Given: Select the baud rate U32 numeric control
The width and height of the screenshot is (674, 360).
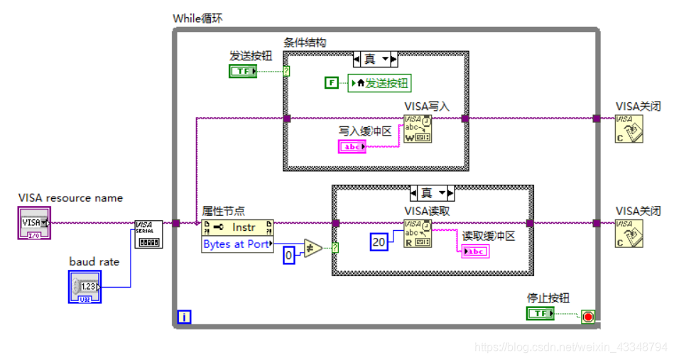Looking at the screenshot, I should [85, 286].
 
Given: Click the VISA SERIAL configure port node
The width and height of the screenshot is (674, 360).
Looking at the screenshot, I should [148, 234].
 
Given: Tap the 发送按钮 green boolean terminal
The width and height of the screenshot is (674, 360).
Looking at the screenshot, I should [244, 70].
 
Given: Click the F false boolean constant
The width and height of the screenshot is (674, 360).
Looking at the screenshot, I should [332, 83].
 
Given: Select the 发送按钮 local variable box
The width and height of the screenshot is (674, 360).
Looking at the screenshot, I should [380, 83].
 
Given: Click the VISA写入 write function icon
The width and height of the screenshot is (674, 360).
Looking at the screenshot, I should [418, 129].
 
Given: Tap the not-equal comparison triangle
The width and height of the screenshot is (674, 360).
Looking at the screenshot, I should [312, 248].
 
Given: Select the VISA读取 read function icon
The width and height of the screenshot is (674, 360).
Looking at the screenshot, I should [418, 233].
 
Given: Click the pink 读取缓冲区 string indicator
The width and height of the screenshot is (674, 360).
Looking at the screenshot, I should [475, 251].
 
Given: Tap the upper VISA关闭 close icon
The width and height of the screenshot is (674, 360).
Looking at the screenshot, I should [629, 129].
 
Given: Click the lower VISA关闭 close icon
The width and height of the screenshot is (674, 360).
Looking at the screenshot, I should [629, 233].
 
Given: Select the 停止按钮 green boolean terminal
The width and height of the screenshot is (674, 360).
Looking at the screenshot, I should [540, 313].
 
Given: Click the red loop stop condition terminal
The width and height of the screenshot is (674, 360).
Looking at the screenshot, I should [587, 317].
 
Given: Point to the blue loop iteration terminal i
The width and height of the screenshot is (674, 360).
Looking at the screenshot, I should [184, 317].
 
